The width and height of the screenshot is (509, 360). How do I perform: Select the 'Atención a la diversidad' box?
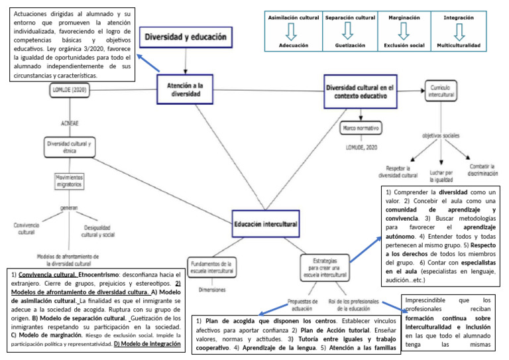(184, 88)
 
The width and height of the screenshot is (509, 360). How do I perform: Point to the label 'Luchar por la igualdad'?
(444, 175)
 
